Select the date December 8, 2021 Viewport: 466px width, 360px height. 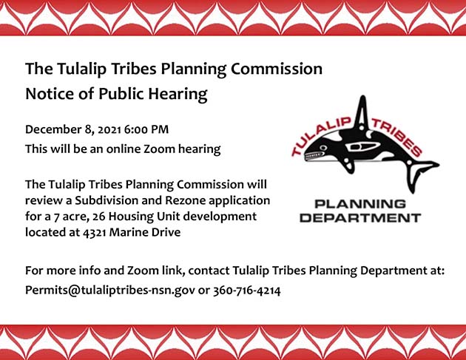[73, 130]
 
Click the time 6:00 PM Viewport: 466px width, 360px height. [146, 129]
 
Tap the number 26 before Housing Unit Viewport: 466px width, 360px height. [98, 217]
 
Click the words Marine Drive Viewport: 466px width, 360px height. [145, 232]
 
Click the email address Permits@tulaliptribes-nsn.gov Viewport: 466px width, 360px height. [110, 291]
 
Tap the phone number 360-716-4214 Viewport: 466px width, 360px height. [246, 291]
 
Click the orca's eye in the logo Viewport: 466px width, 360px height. [324, 148]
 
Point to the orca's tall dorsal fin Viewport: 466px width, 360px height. [362, 113]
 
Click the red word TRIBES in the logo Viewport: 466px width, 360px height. [397, 137]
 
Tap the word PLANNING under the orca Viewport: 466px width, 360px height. [360, 204]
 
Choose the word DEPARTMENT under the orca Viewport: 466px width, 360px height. [360, 218]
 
